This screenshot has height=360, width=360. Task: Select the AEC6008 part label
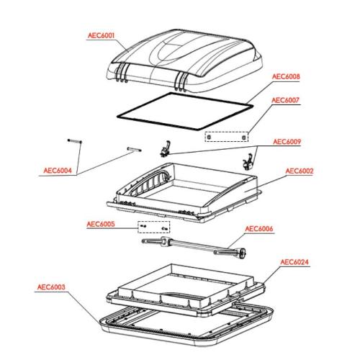tap(286, 76)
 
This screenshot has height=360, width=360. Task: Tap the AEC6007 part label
tap(286, 102)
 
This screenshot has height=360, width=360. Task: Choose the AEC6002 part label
tap(300, 171)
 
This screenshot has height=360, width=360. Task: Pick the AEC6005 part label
tap(101, 224)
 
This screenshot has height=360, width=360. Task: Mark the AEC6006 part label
tap(261, 229)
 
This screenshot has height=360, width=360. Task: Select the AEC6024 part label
tap(294, 262)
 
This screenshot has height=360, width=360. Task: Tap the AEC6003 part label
tap(51, 287)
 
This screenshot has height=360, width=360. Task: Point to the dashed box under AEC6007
tap(229, 135)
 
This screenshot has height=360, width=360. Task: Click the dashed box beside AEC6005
tap(154, 228)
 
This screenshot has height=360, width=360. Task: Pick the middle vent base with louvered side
tap(184, 189)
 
